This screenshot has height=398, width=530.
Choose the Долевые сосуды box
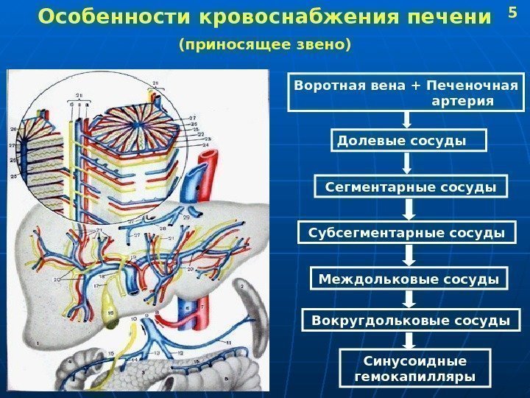(410, 140)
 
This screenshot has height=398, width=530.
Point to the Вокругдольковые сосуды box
(411, 321)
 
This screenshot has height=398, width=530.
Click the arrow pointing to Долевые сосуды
(406, 120)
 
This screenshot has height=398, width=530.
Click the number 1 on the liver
(36, 344)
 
